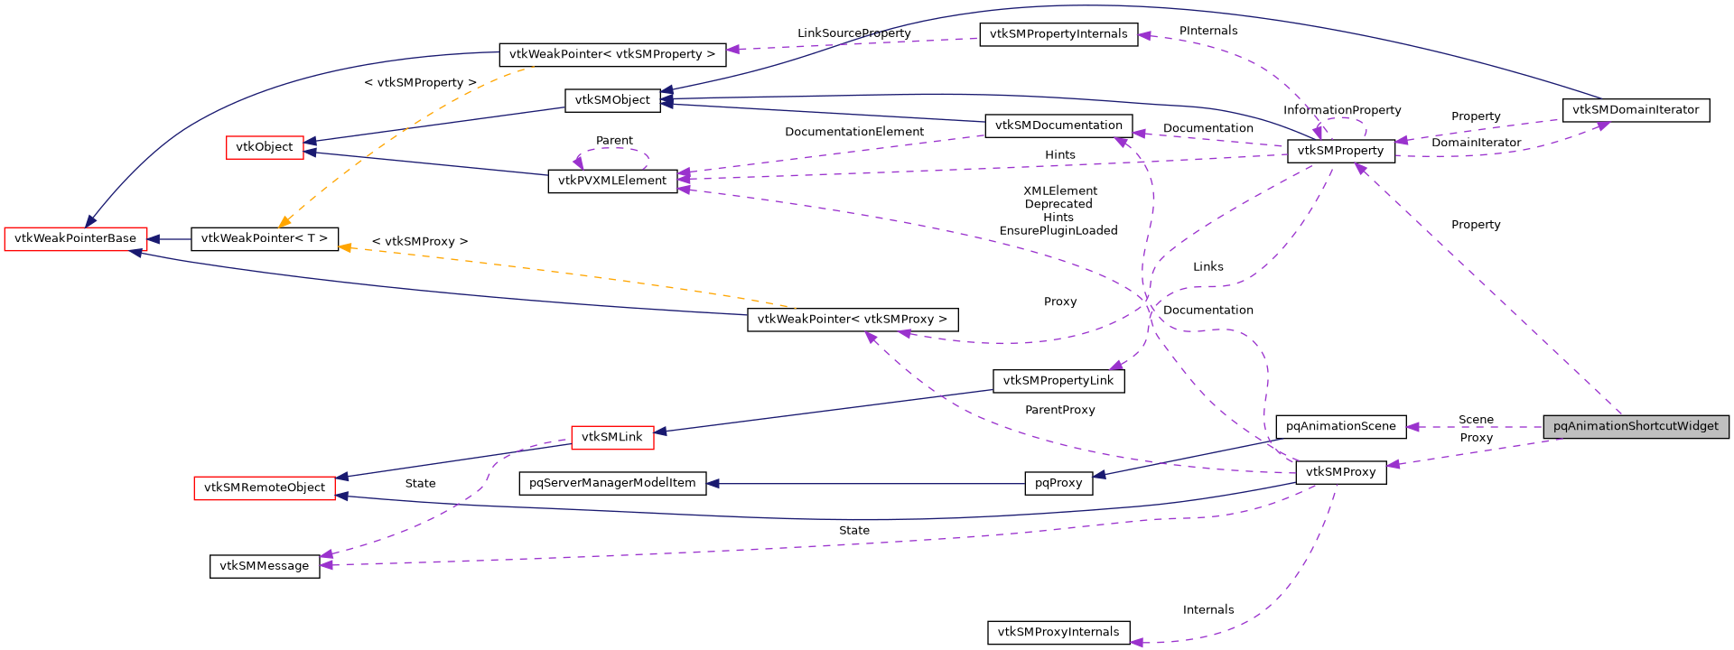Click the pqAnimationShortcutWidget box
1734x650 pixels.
tap(1636, 426)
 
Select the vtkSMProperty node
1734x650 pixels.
tap(1340, 151)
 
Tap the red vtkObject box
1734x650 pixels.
tap(264, 147)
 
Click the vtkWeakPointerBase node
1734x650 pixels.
tap(75, 238)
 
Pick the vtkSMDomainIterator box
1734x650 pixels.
tap(1635, 110)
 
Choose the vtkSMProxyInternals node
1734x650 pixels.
tap(1058, 632)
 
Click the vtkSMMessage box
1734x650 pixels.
tap(264, 566)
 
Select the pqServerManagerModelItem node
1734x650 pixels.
tap(612, 483)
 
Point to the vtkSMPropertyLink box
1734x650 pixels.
tap(1058, 381)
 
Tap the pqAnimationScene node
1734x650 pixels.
tap(1340, 426)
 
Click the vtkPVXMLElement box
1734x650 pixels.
tap(611, 181)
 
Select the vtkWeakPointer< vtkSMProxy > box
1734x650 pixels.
tap(852, 320)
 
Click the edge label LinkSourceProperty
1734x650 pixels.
tap(853, 33)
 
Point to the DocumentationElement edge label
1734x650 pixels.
tap(853, 132)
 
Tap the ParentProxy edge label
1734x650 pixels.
tap(1059, 410)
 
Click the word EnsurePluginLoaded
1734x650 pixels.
tap(1058, 231)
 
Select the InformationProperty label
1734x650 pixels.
tap(1341, 110)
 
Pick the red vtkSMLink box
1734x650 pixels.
tap(611, 437)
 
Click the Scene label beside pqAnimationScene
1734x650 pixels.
tap(1476, 420)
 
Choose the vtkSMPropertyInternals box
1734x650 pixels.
tap(1058, 34)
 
